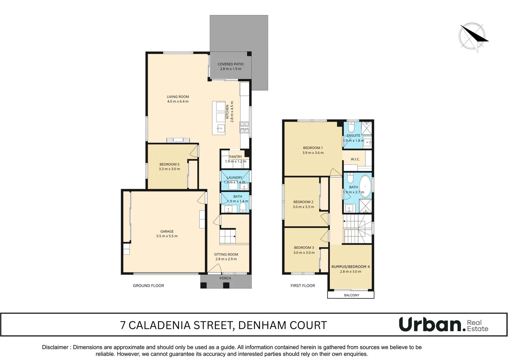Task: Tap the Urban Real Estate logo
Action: tap(443, 325)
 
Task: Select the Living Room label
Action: tap(178, 97)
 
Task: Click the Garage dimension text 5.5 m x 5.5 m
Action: tap(167, 236)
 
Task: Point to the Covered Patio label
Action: tap(231, 64)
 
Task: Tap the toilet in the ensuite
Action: tap(351, 127)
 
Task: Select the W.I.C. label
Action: tap(355, 159)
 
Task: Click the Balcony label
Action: tap(351, 295)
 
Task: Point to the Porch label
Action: tap(225, 278)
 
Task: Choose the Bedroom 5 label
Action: tap(169, 164)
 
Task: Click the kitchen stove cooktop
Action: tap(245, 127)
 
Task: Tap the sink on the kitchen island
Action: tap(220, 128)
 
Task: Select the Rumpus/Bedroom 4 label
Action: tap(350, 267)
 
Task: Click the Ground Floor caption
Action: tap(148, 286)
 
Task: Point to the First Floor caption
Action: tap(302, 286)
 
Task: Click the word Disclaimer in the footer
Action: tap(55, 347)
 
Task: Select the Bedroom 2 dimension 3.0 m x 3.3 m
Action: tap(303, 207)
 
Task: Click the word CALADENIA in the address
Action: tap(160, 325)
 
